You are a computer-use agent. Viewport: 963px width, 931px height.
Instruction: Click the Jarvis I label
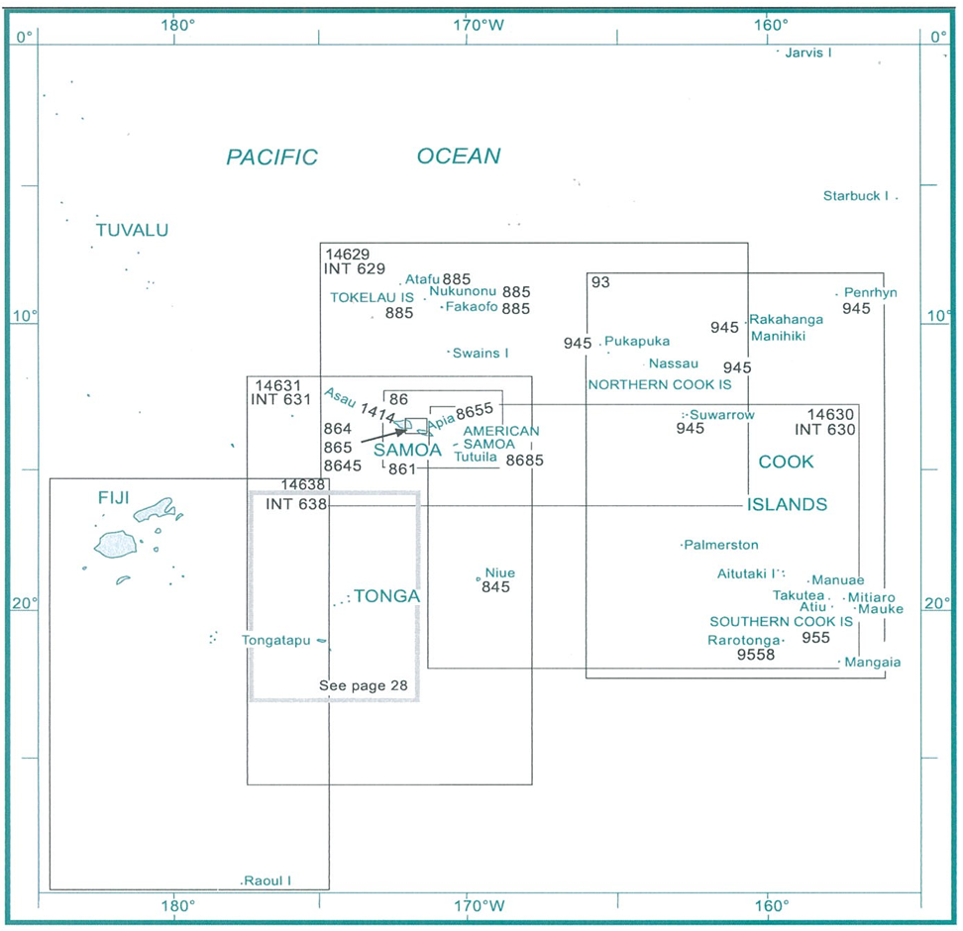[807, 52]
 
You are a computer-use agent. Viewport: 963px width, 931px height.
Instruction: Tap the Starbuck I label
[855, 196]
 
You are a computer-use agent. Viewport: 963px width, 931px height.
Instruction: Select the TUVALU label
[132, 231]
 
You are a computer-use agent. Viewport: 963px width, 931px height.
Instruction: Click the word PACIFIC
[271, 156]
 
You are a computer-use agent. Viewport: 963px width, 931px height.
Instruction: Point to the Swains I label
[481, 353]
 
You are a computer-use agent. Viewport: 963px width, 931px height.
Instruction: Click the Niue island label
[499, 572]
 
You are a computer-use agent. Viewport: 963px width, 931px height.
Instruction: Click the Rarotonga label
[744, 640]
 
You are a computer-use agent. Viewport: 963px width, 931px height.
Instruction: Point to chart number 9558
[756, 655]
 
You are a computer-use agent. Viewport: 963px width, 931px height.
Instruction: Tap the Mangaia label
[873, 662]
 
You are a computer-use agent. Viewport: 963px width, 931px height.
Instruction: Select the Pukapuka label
[636, 341]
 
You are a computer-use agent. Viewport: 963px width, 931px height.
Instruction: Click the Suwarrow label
[722, 415]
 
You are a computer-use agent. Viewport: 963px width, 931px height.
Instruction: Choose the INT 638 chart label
[296, 504]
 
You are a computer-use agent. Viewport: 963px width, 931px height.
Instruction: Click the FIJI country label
[114, 496]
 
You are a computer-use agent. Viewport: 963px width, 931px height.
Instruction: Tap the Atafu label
[422, 280]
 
